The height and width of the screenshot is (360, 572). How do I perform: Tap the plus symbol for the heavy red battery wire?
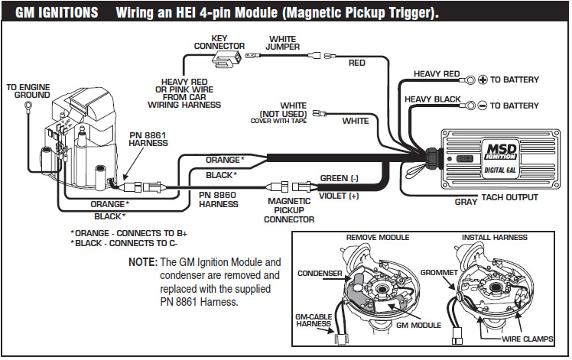pos(483,79)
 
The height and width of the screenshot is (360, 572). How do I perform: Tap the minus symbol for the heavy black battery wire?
pos(483,105)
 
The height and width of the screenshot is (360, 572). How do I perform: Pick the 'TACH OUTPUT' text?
pos(509,197)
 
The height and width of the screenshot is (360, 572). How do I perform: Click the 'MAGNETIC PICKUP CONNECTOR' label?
pos(288,210)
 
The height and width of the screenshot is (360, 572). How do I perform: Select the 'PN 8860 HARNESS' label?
pos(219,199)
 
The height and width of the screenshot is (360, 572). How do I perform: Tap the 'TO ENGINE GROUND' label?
pos(28,91)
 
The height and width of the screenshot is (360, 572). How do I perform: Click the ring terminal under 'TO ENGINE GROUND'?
pos(28,106)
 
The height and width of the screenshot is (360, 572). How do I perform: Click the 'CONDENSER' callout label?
pos(318,273)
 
